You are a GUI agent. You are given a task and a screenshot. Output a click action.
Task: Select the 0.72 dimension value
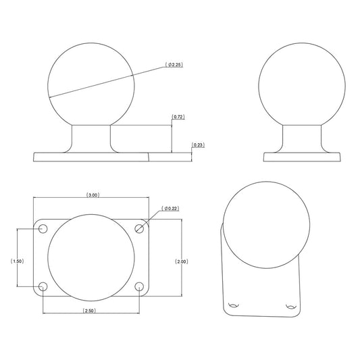click(x=179, y=117)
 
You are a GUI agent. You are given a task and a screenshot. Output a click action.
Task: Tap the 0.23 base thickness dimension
click(x=199, y=145)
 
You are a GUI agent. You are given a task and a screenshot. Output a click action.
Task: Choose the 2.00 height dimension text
click(x=181, y=261)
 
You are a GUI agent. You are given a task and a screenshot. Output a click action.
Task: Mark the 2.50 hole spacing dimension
click(x=90, y=311)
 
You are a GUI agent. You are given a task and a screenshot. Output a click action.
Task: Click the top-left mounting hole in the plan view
click(x=43, y=228)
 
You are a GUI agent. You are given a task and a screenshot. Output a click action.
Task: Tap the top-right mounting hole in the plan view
click(x=140, y=228)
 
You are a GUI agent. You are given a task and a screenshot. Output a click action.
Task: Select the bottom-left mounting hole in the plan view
click(x=43, y=287)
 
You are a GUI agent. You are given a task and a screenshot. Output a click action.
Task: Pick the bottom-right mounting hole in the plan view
click(x=140, y=287)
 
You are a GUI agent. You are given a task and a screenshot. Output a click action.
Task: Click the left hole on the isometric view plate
click(x=234, y=305)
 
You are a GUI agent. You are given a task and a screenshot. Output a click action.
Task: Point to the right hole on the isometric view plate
click(x=291, y=305)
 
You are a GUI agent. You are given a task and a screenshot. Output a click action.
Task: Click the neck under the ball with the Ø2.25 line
click(x=91, y=138)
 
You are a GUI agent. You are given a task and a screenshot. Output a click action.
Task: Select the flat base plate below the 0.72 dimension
click(x=91, y=157)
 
